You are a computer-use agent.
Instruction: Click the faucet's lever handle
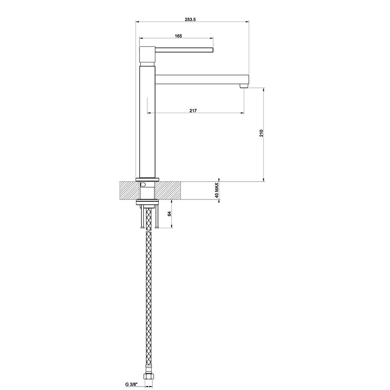pyautogui.click(x=184, y=49)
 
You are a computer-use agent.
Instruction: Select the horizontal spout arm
pyautogui.click(x=200, y=78)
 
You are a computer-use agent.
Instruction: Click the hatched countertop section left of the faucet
pyautogui.click(x=127, y=190)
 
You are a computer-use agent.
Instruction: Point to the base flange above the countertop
pyautogui.click(x=147, y=178)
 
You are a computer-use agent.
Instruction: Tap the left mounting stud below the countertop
pyautogui.click(x=141, y=217)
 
